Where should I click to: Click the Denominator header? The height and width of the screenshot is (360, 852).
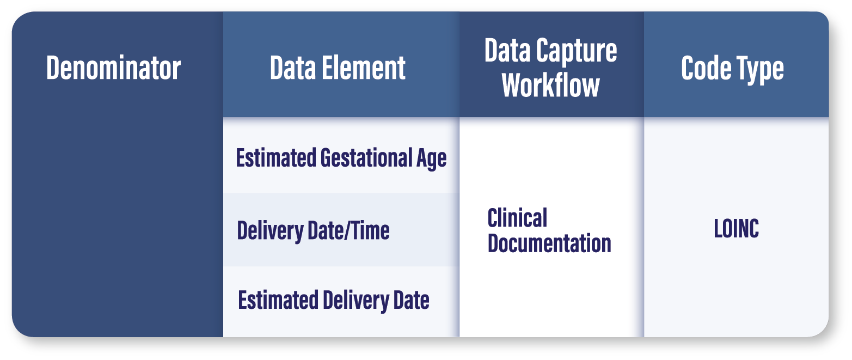[113, 68]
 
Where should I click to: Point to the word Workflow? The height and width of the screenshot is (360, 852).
[550, 86]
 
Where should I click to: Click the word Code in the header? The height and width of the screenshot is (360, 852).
[706, 68]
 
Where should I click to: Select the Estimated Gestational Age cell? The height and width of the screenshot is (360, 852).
[341, 158]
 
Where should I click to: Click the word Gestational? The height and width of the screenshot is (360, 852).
[366, 157]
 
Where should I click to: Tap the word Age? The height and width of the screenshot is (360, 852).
[432, 159]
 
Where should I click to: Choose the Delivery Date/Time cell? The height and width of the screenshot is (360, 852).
[314, 230]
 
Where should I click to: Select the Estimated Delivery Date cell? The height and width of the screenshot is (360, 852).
[334, 300]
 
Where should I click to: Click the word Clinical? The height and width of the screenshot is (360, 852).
[517, 218]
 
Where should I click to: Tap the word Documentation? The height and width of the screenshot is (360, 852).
[550, 243]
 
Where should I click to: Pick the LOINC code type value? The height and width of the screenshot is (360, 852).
[737, 228]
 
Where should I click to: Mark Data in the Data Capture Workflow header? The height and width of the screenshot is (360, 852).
[507, 50]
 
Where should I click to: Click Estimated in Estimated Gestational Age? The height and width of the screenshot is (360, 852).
[276, 157]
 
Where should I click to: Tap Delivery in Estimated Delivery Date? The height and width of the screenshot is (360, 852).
[356, 301]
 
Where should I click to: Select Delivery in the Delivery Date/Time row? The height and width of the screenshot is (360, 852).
[270, 231]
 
